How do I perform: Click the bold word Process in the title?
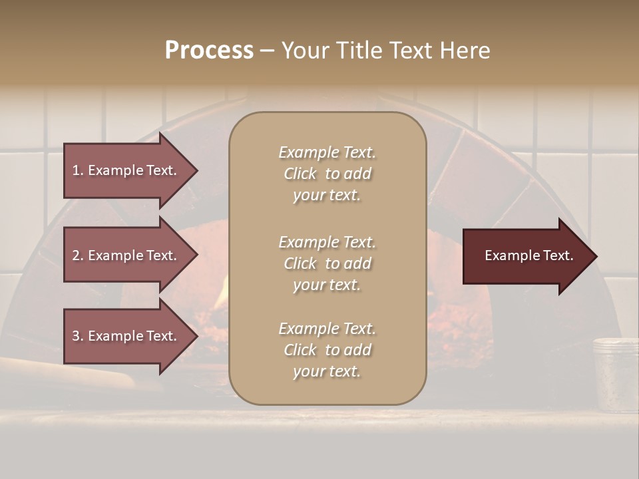click(209, 51)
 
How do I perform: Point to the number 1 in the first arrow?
click(77, 170)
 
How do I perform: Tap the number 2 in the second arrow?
click(77, 255)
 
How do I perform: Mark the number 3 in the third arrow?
click(77, 336)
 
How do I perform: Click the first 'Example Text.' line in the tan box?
click(327, 152)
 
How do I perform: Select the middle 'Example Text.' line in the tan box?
click(327, 242)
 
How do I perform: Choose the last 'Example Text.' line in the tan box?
click(327, 329)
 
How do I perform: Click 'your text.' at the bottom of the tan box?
click(327, 371)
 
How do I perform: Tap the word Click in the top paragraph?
click(300, 174)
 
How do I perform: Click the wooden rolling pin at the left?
click(67, 373)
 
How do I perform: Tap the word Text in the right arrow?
click(558, 255)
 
